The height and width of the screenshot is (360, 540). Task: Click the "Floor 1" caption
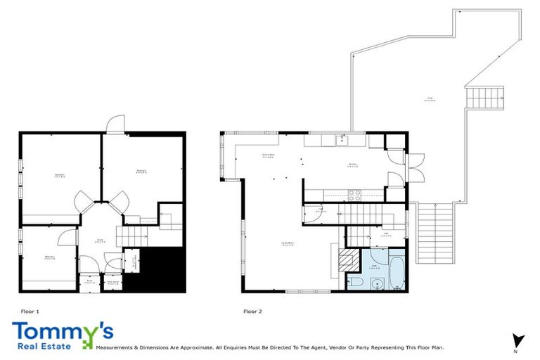point(30,311)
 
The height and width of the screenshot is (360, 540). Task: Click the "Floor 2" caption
point(252,311)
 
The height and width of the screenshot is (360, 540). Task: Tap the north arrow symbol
point(519,340)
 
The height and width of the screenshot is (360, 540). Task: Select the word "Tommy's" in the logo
point(62,330)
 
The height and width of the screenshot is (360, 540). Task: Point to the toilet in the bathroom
point(356,283)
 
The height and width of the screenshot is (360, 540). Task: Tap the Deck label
point(428,98)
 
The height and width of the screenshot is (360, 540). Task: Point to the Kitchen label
point(353,166)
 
